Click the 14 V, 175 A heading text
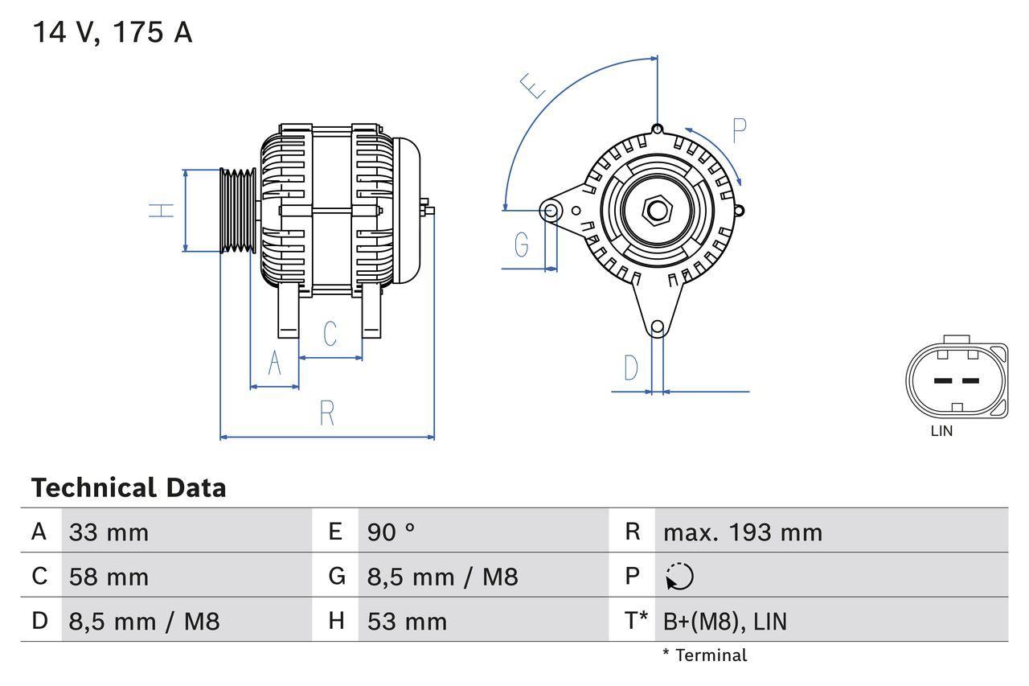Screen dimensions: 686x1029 [x=112, y=32]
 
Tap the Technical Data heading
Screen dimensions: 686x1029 [x=129, y=488]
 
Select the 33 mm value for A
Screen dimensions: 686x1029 [x=109, y=532]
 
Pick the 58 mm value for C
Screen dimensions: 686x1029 [x=109, y=577]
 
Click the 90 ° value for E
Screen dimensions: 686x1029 [x=391, y=532]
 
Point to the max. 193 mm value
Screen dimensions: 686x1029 [x=742, y=532]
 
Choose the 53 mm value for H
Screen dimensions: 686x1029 [x=407, y=621]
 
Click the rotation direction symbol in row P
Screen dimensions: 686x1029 [x=679, y=577]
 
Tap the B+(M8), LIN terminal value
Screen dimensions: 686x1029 [x=724, y=621]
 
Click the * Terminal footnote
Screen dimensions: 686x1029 [x=704, y=655]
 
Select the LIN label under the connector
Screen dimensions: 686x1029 [x=941, y=431]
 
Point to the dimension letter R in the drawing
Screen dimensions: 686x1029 [x=326, y=413]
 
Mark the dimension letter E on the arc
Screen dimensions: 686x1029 [x=532, y=85]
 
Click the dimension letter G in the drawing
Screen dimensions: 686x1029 [x=522, y=244]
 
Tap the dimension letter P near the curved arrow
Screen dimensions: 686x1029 [x=740, y=130]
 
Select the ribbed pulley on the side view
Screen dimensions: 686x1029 [x=238, y=211]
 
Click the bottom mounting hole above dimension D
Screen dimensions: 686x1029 [x=658, y=327]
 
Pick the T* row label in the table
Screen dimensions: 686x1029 [x=636, y=621]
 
